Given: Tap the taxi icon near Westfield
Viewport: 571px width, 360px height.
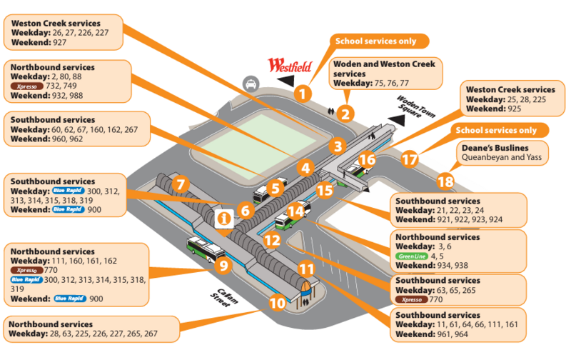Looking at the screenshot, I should (251, 84).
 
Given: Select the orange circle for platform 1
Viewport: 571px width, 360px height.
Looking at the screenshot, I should (304, 92).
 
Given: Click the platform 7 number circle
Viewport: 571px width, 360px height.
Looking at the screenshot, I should (181, 184).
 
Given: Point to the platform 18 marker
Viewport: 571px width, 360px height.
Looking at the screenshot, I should (445, 181).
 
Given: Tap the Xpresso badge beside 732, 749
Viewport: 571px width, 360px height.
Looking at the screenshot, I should (26, 85).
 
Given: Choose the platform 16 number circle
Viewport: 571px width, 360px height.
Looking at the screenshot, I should (367, 159).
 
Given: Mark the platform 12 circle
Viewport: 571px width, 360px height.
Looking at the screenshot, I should (271, 241).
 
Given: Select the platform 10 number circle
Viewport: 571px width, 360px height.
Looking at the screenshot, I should (278, 303).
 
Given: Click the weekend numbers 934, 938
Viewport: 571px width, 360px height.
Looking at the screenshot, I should (456, 265).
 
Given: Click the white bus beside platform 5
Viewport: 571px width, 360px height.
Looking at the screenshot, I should (263, 195).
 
